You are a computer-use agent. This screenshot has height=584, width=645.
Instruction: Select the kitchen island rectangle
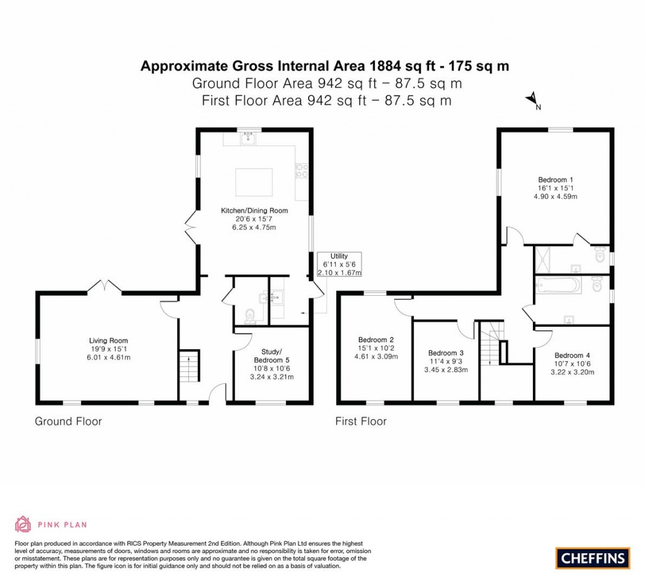point(254,183)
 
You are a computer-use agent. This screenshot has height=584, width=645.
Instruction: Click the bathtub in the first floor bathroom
point(557,286)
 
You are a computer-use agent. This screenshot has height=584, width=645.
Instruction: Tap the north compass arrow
point(533,99)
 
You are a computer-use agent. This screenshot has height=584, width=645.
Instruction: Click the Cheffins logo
point(592,558)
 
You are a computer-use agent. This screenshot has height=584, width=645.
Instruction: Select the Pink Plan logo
point(50,524)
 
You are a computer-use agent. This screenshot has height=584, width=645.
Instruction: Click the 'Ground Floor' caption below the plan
point(68,421)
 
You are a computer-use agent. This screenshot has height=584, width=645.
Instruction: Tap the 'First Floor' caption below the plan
point(361,421)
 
